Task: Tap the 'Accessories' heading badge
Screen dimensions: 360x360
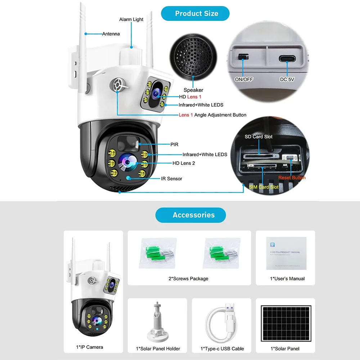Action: pyautogui.click(x=190, y=215)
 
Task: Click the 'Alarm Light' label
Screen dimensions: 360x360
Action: pyautogui.click(x=131, y=19)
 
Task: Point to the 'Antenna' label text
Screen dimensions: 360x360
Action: pyautogui.click(x=111, y=34)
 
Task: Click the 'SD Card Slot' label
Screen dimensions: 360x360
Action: pyautogui.click(x=258, y=137)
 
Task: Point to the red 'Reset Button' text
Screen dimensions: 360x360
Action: pyautogui.click(x=292, y=177)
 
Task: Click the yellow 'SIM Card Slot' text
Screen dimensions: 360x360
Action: pyautogui.click(x=264, y=187)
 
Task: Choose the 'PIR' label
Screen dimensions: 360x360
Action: pyautogui.click(x=174, y=144)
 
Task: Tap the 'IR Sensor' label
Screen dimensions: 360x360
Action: pyautogui.click(x=171, y=179)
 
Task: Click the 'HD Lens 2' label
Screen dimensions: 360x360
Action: pyautogui.click(x=184, y=163)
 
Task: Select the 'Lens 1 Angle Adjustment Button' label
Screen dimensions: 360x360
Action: pyautogui.click(x=212, y=115)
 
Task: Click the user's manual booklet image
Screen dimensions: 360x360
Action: pyautogui.click(x=286, y=253)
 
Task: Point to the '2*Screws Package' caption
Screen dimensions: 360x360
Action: pyautogui.click(x=188, y=279)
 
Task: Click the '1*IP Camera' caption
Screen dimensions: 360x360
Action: pyautogui.click(x=90, y=347)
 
